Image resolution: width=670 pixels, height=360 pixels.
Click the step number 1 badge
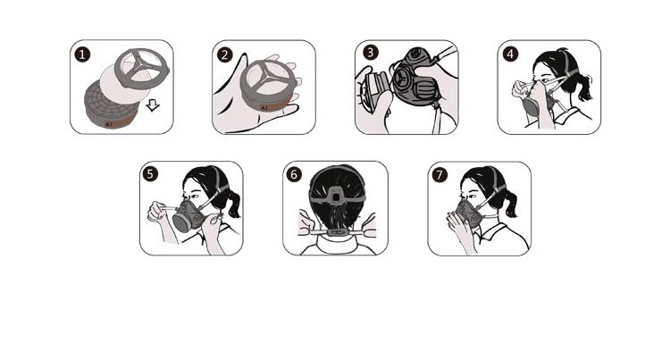tap(82, 54)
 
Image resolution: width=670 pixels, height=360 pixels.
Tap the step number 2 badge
tap(225, 54)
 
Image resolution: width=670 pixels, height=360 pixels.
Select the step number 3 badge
tap(371, 53)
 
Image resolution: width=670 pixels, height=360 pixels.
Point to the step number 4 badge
tap(511, 54)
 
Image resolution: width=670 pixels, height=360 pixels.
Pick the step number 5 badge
tap(150, 174)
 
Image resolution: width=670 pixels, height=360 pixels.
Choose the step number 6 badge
tap(294, 175)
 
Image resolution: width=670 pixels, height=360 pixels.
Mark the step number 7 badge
tap(440, 175)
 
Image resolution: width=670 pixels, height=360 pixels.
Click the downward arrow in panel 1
tap(153, 105)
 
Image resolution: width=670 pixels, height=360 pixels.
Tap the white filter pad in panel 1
tap(121, 84)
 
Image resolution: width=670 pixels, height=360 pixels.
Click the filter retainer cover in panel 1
tap(142, 68)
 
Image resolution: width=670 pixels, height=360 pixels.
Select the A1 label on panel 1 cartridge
tap(108, 124)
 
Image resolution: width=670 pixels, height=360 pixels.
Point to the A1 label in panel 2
tap(264, 108)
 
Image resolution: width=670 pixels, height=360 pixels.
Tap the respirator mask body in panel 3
tap(416, 77)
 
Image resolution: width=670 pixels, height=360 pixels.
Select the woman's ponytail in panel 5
tap(232, 204)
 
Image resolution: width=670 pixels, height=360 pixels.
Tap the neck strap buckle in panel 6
tap(338, 232)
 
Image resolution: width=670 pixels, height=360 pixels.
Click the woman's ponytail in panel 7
tap(510, 204)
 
